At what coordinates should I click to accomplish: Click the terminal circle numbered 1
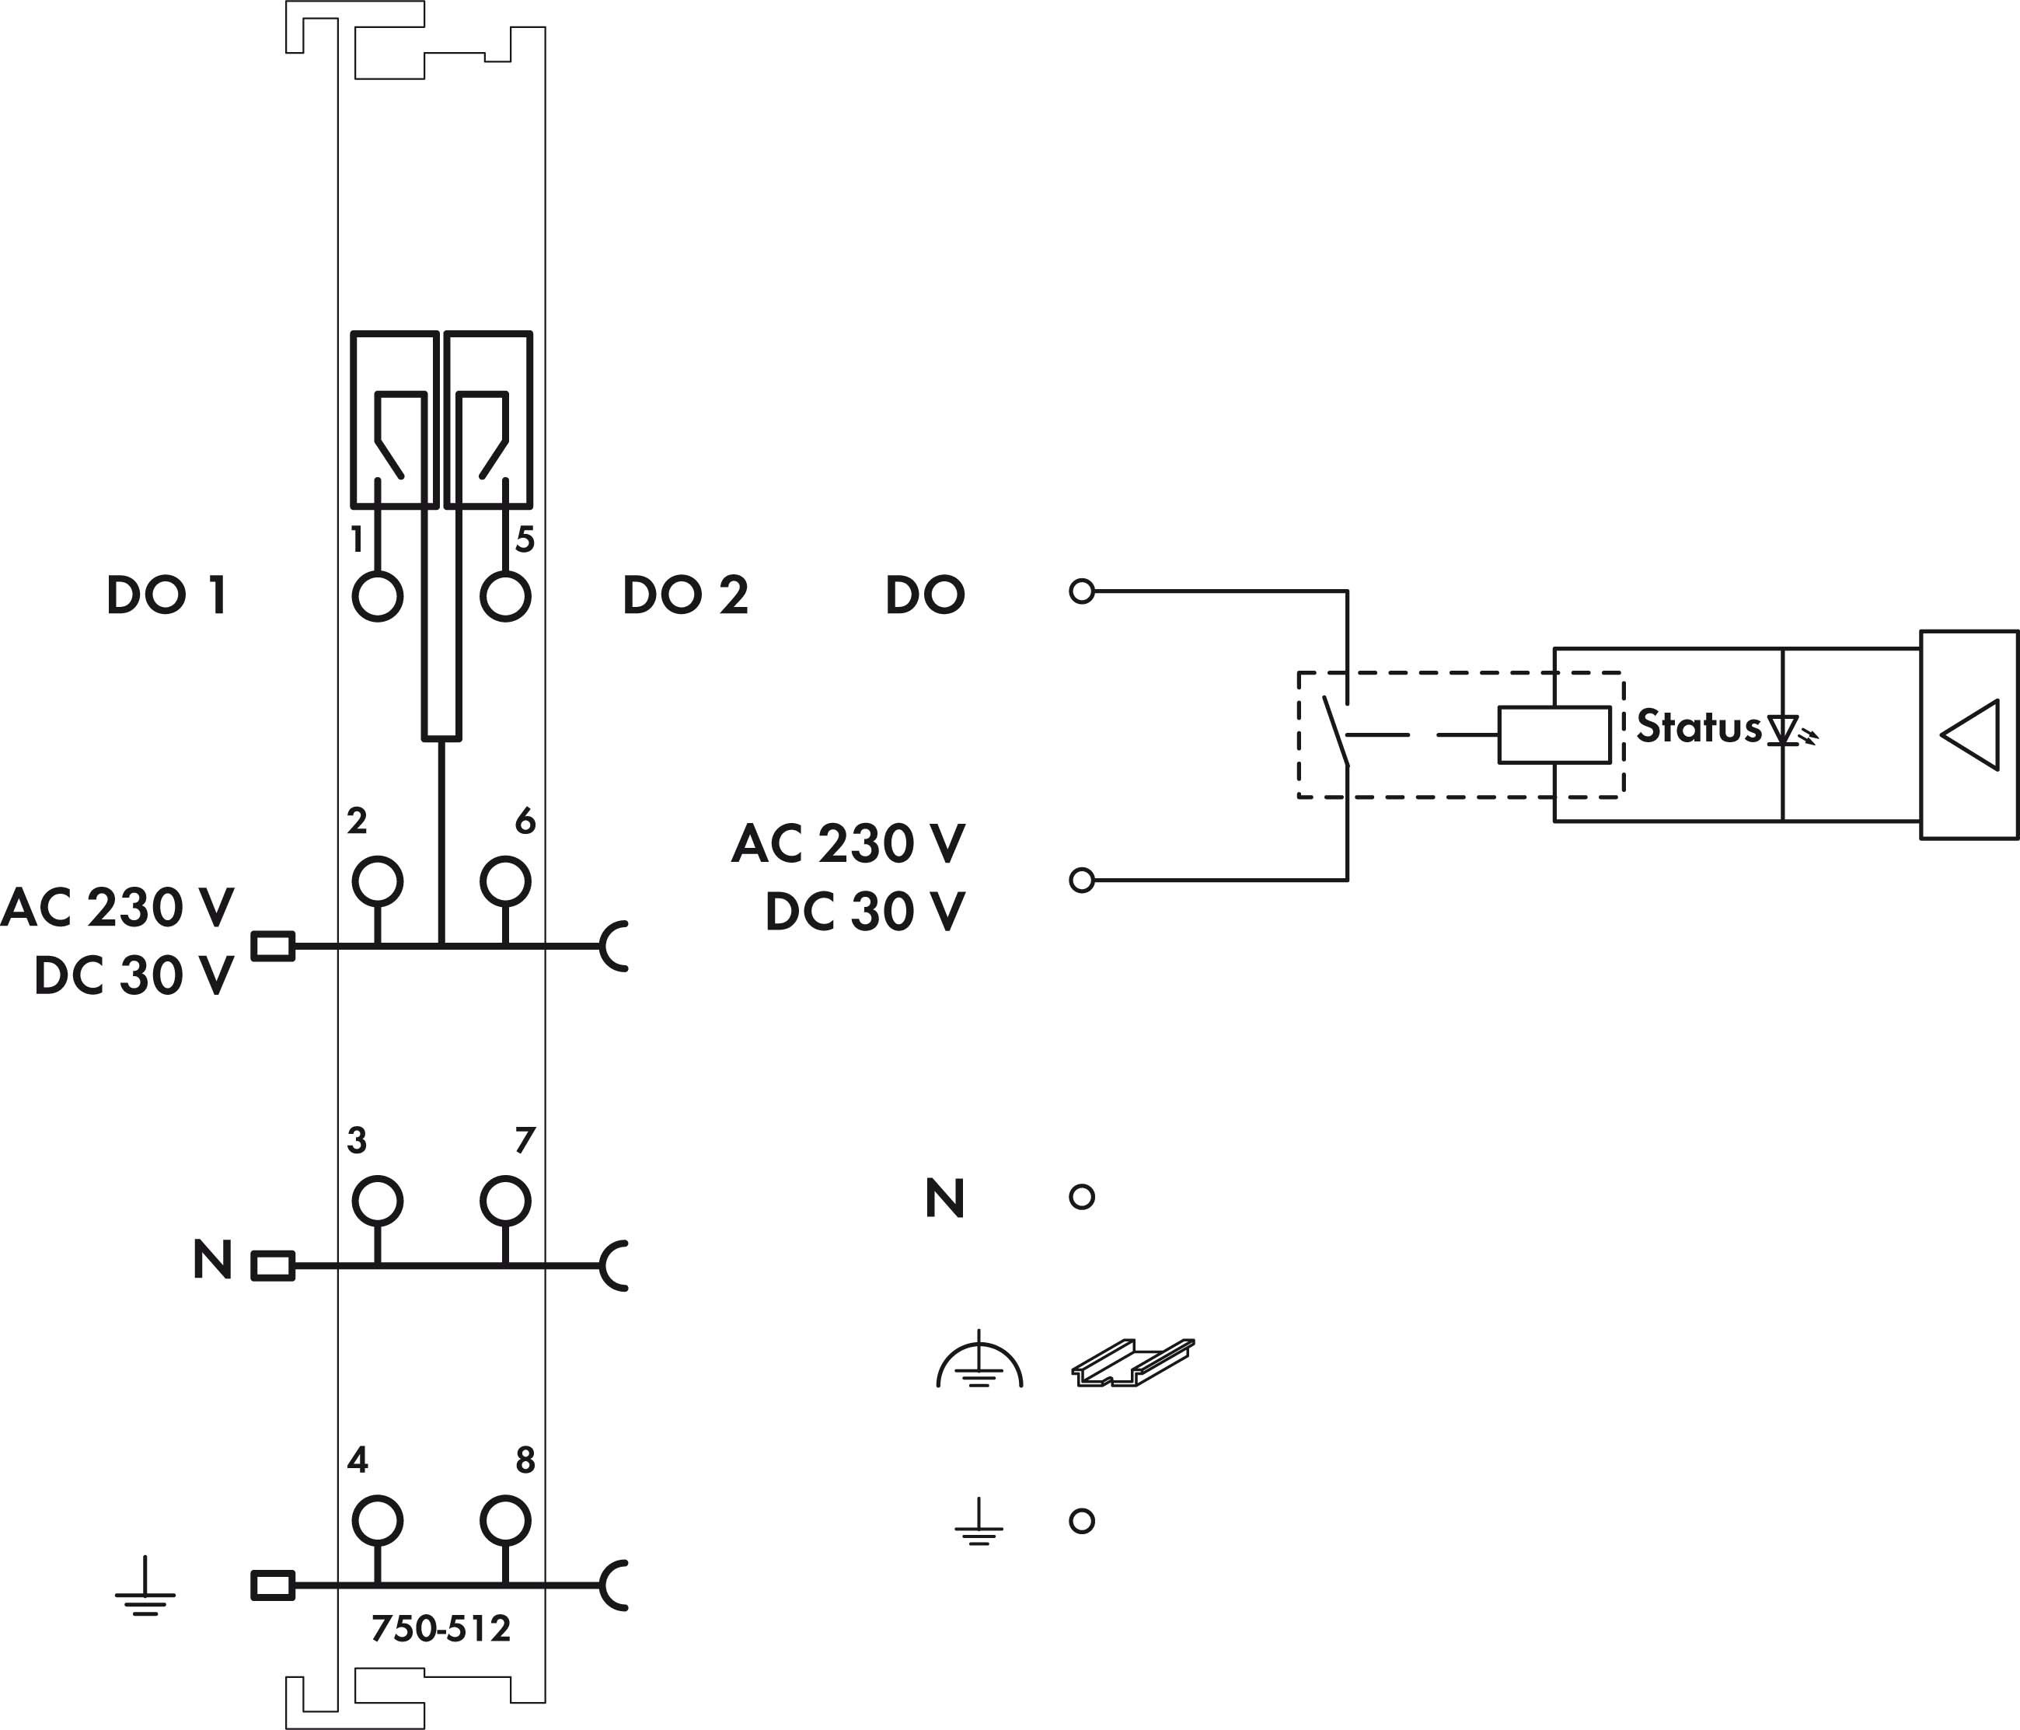tap(377, 595)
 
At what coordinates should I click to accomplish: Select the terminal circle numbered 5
tap(505, 595)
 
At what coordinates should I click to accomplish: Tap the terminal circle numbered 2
tap(377, 881)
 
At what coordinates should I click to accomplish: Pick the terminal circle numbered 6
tap(505, 881)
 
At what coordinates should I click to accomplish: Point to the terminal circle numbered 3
tap(377, 1200)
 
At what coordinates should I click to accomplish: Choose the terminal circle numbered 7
tap(505, 1200)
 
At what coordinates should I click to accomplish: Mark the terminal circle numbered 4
tap(377, 1519)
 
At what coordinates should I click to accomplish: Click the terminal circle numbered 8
tap(505, 1519)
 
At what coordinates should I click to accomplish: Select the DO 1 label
tap(166, 595)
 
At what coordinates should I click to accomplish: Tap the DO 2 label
tap(686, 595)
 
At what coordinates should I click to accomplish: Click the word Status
tap(1698, 727)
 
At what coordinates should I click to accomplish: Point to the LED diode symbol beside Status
tap(1784, 730)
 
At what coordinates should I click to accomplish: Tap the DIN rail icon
tap(1133, 1362)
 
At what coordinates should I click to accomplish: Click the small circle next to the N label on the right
tap(1081, 1197)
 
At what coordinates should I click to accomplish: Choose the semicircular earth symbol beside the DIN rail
tap(979, 1363)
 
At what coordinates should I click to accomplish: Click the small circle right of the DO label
tap(1081, 591)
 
